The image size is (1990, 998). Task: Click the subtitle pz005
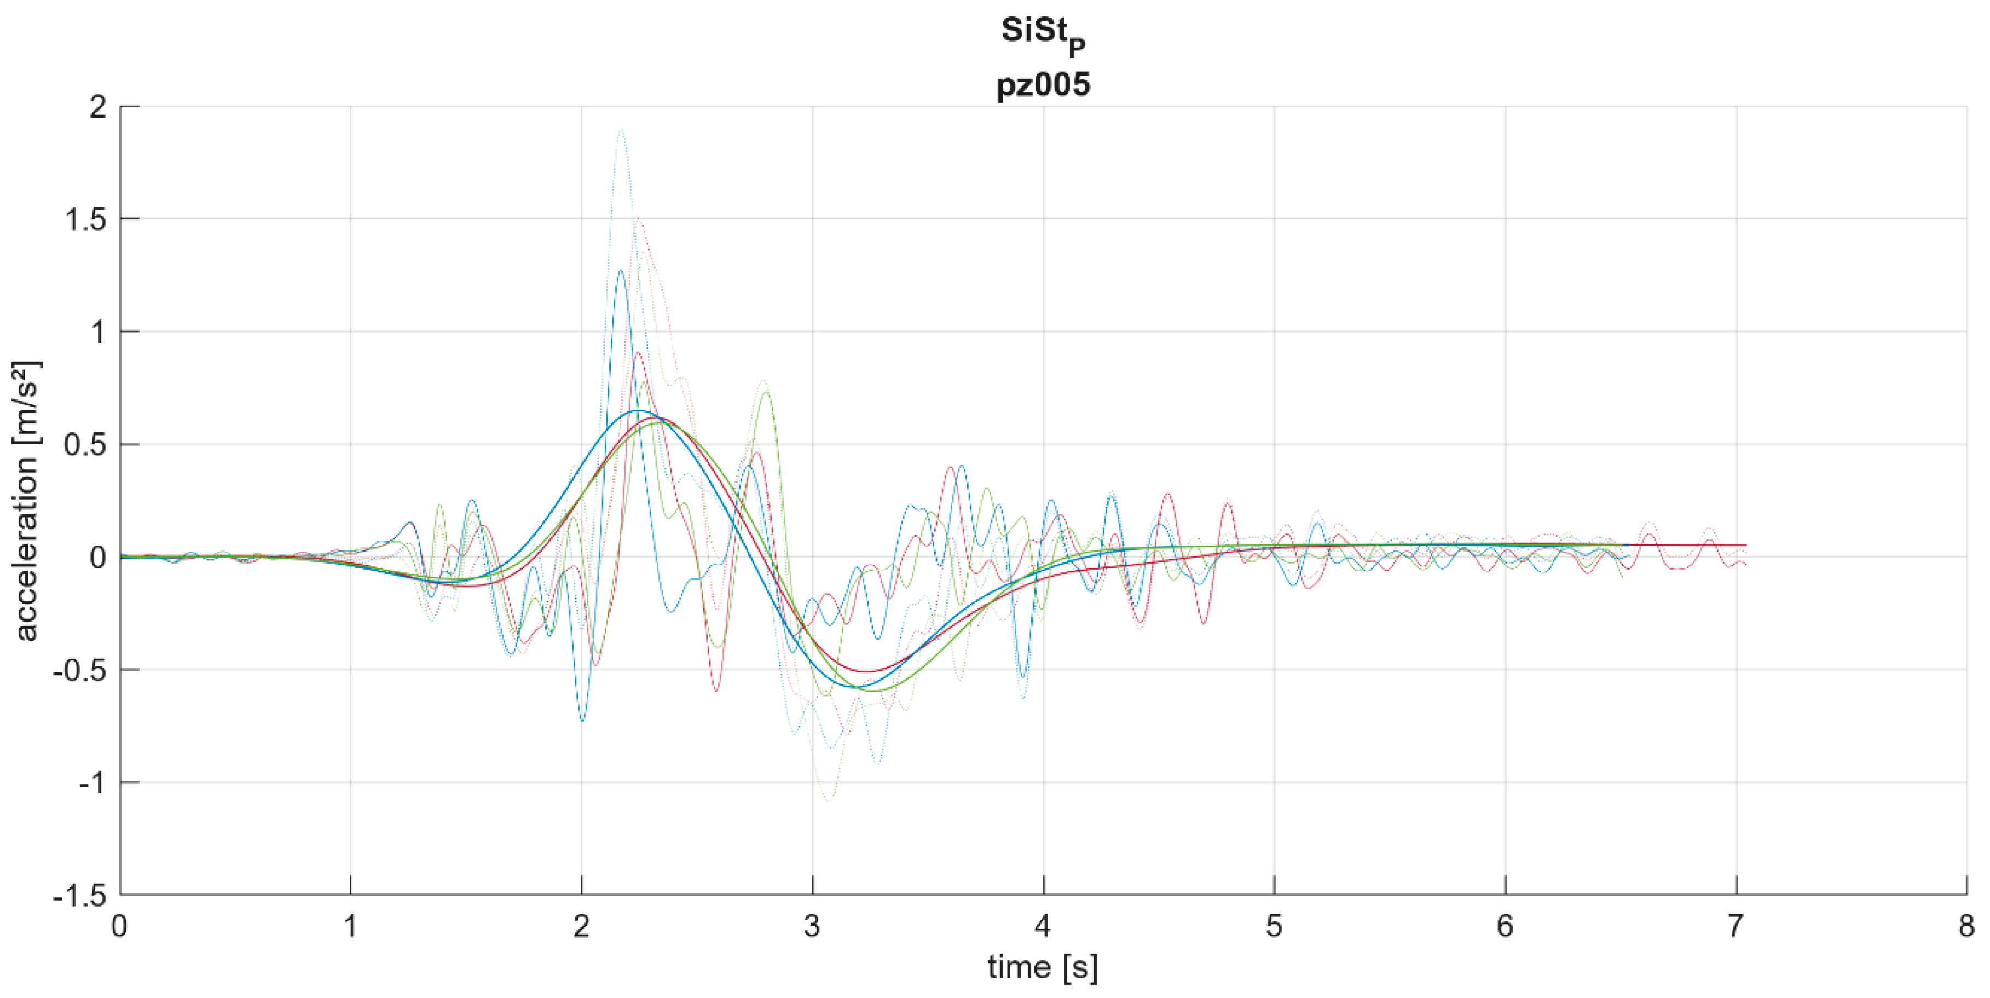pos(1043,83)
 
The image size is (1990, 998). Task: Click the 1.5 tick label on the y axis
pos(86,219)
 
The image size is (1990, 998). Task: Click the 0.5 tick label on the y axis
pos(86,445)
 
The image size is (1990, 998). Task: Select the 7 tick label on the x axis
pos(1736,925)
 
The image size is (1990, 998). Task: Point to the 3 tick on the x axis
pos(812,925)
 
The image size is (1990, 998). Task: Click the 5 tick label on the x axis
pos(1274,925)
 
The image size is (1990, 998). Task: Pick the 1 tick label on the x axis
pos(351,925)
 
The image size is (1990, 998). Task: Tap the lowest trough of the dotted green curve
pos(829,801)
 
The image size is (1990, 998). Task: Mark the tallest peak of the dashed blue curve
pos(620,270)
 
